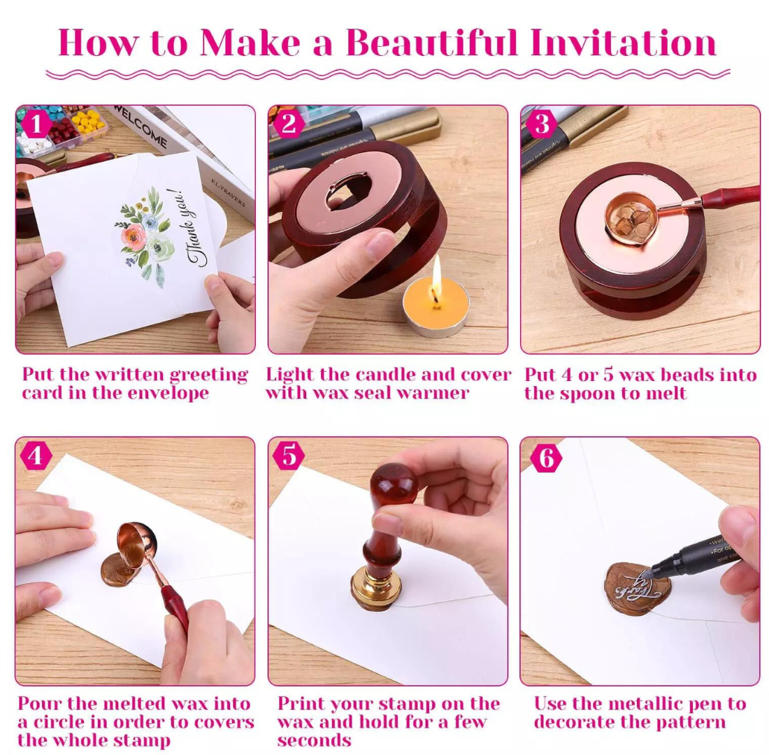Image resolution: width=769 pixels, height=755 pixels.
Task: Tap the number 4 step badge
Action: tap(36, 456)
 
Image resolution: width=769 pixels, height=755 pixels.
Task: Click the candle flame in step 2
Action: tap(437, 273)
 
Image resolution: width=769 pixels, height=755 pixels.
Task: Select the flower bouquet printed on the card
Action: tap(145, 231)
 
